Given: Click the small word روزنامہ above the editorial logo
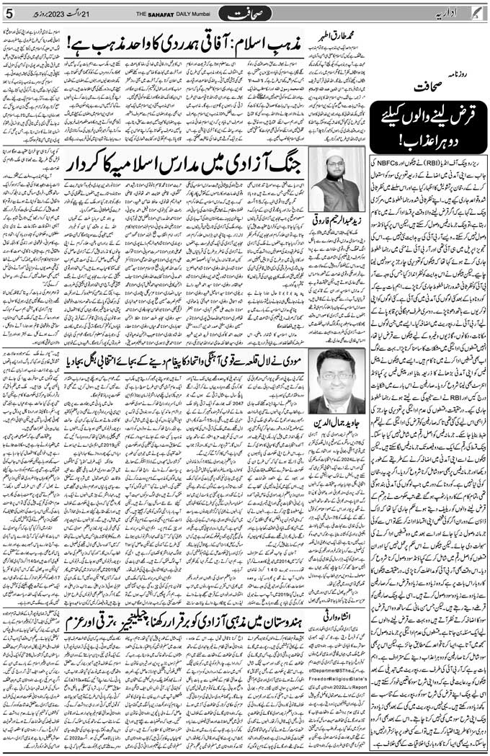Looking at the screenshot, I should pos(473,73).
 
